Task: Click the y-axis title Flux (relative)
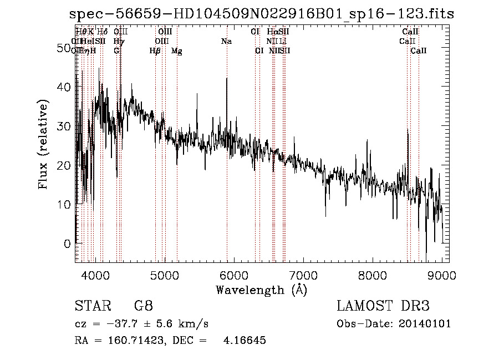[x=43, y=144]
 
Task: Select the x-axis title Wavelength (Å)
[x=261, y=290]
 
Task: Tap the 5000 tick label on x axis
[x=165, y=275]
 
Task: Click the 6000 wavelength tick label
[x=234, y=275]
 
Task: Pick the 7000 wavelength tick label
[x=303, y=275]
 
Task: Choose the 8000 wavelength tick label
[x=373, y=275]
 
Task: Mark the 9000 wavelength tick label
[x=442, y=275]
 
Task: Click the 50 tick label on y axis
[x=64, y=48]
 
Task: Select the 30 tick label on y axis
[x=64, y=126]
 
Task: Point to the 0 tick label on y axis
[x=68, y=244]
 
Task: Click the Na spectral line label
[x=226, y=41]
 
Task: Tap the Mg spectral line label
[x=177, y=51]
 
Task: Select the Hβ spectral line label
[x=155, y=51]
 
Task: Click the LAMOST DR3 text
[x=383, y=306]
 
